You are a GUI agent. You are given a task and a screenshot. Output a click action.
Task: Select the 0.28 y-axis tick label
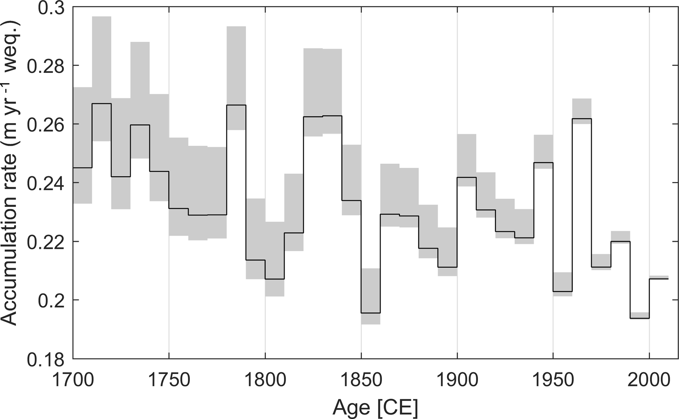tap(45, 66)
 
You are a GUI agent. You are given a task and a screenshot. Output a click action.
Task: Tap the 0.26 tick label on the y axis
tap(45, 124)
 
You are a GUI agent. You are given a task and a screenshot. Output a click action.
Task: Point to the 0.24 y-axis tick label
tap(45, 183)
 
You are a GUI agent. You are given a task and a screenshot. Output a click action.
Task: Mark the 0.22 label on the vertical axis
tap(45, 242)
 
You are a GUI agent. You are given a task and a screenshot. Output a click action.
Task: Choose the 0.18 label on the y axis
tap(45, 359)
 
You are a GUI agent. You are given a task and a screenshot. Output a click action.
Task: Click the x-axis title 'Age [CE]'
tap(375, 407)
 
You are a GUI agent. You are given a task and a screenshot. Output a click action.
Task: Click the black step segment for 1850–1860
tap(371, 313)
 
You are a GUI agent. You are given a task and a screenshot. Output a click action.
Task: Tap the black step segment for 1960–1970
tap(582, 119)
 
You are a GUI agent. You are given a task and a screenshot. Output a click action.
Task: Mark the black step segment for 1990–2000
tap(640, 318)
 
